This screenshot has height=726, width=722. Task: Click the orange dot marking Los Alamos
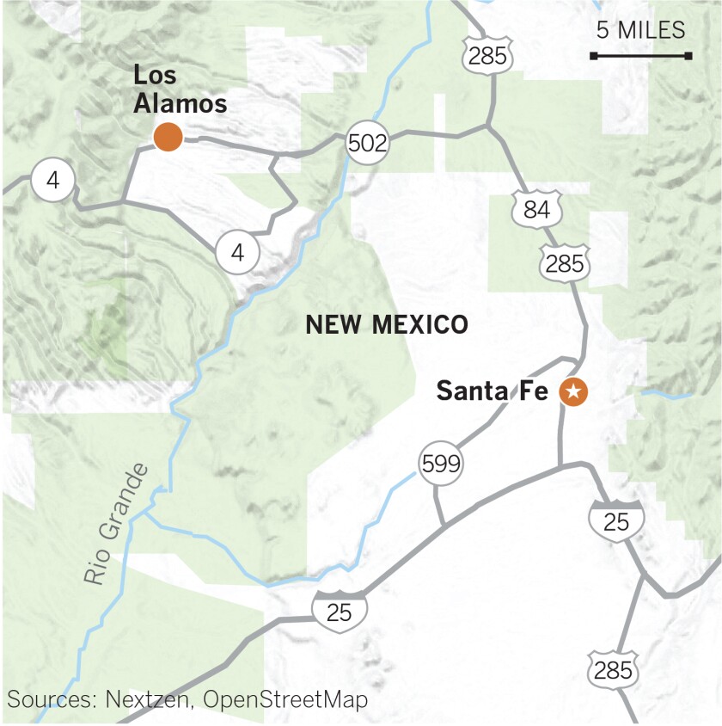168,136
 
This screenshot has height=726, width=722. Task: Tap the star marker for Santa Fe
573,392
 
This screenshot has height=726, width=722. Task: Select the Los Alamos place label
180,89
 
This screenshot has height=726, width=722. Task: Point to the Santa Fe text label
492,391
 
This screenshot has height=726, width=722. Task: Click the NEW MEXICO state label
387,325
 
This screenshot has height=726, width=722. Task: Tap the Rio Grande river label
117,524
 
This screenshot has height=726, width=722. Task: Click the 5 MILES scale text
640,31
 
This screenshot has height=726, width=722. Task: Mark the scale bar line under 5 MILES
640,56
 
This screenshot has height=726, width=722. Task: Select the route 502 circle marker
368,143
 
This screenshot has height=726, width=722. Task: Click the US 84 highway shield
535,210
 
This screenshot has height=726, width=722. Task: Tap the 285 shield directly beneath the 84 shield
564,263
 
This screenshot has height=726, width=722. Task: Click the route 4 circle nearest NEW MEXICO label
237,253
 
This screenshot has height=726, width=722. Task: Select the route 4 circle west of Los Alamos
53,181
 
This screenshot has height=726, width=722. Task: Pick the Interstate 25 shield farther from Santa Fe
340,612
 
